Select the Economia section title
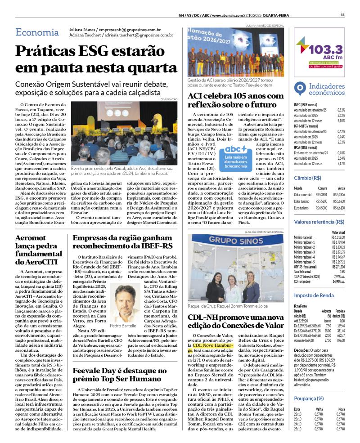click(37, 32)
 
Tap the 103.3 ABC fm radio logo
click(320, 52)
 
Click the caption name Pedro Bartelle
click(122, 325)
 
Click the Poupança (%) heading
click(309, 398)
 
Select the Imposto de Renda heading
click(314, 295)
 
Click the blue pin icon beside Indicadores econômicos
click(300, 88)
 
